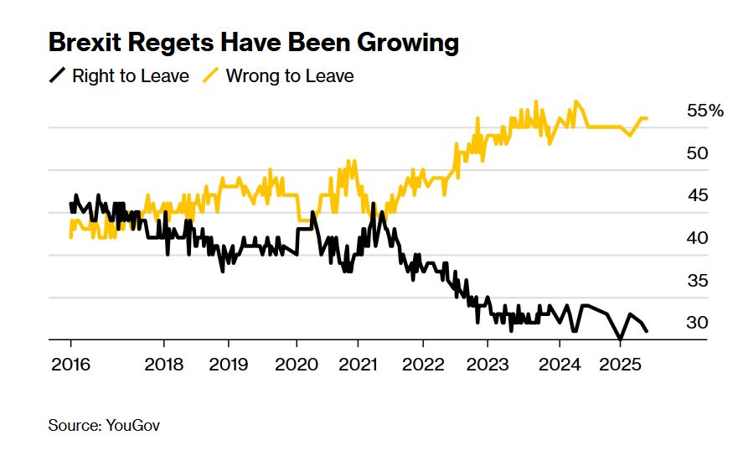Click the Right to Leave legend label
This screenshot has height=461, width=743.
[131, 76]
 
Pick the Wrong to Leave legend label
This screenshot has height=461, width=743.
[290, 76]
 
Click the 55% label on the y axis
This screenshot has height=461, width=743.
[704, 111]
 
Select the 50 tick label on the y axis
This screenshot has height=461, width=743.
[697, 153]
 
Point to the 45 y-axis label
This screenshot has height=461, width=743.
[697, 195]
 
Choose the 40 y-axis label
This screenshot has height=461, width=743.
[697, 238]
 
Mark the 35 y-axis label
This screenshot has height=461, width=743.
[697, 281]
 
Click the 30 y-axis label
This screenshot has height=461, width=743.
[697, 323]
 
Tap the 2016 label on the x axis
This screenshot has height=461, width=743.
[70, 365]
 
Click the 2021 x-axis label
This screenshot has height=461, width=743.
[358, 365]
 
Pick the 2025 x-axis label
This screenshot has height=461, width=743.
[620, 365]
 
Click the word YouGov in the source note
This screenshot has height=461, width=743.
[133, 426]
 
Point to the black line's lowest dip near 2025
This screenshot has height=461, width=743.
[620, 339]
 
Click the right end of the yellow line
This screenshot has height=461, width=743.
[647, 118]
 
